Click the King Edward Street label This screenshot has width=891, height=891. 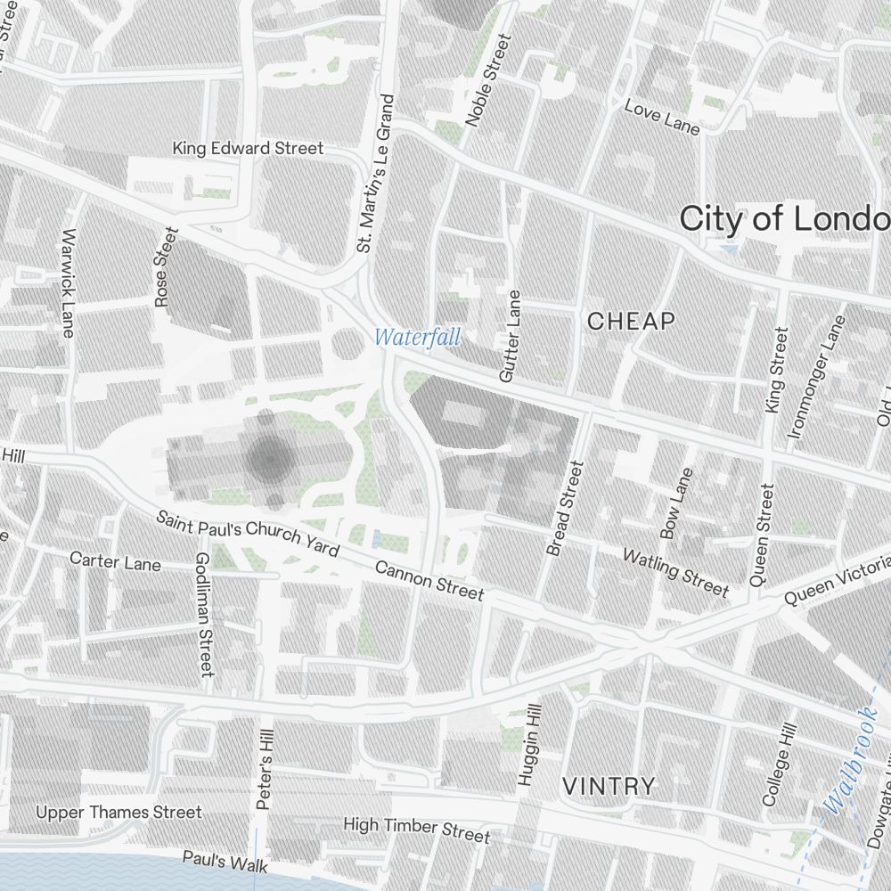pyautogui.click(x=248, y=148)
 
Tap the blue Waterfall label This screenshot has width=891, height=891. pyautogui.click(x=418, y=338)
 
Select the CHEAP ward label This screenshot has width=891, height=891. pyautogui.click(x=631, y=322)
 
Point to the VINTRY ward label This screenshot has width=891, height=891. pyautogui.click(x=609, y=786)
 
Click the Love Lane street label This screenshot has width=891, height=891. pyautogui.click(x=662, y=117)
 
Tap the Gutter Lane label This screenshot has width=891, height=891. pyautogui.click(x=510, y=336)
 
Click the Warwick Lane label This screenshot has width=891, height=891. pyautogui.click(x=68, y=283)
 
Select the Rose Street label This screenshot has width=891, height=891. pyautogui.click(x=166, y=267)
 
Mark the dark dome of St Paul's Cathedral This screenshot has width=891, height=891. pyautogui.click(x=270, y=459)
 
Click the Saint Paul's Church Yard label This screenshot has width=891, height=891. pyautogui.click(x=247, y=533)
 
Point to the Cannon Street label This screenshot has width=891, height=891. pyautogui.click(x=429, y=580)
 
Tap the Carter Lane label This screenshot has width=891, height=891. pyautogui.click(x=115, y=561)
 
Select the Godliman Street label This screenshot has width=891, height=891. pyautogui.click(x=204, y=613)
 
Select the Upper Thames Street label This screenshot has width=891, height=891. pyautogui.click(x=119, y=812)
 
